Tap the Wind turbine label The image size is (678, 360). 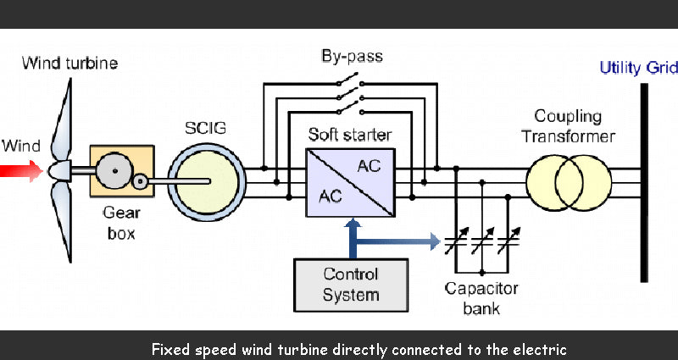click(69, 63)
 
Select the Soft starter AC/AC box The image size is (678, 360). click(348, 180)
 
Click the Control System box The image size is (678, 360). click(351, 284)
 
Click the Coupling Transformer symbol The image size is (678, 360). click(568, 180)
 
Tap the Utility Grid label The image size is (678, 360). click(638, 68)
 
